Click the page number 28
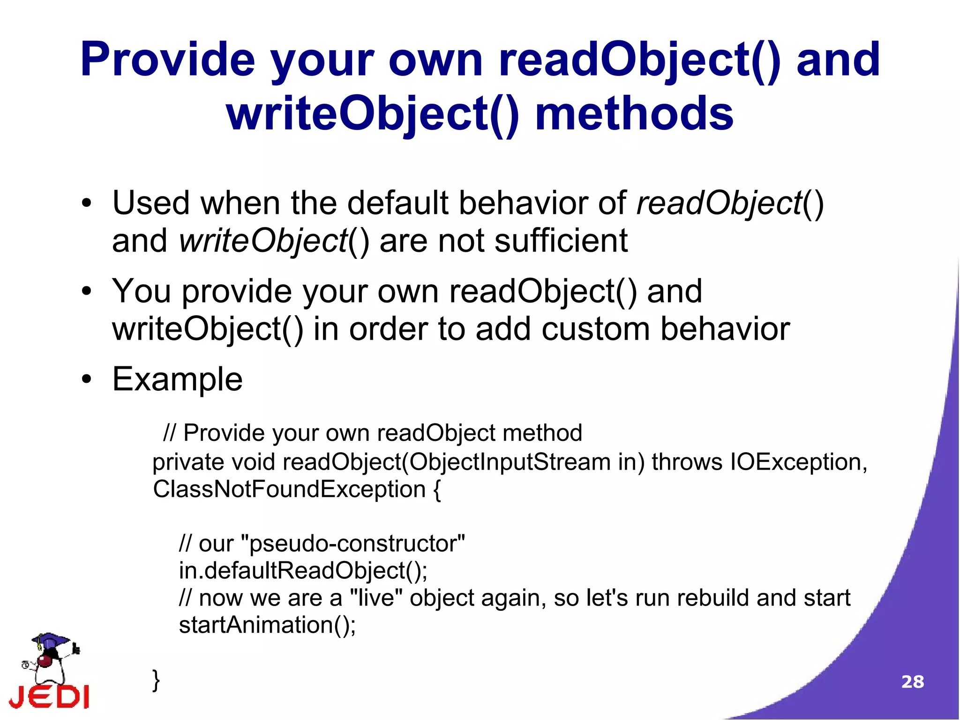click(912, 682)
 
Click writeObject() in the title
click(373, 114)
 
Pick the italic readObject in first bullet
click(720, 204)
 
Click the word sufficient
click(561, 241)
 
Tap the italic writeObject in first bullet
click(262, 241)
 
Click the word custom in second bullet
click(595, 329)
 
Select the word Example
click(177, 379)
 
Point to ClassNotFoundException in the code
click(289, 490)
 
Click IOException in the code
click(796, 462)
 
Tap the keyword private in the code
click(188, 462)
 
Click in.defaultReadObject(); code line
click(303, 571)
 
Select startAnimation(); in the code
click(267, 625)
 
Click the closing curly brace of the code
click(156, 680)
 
